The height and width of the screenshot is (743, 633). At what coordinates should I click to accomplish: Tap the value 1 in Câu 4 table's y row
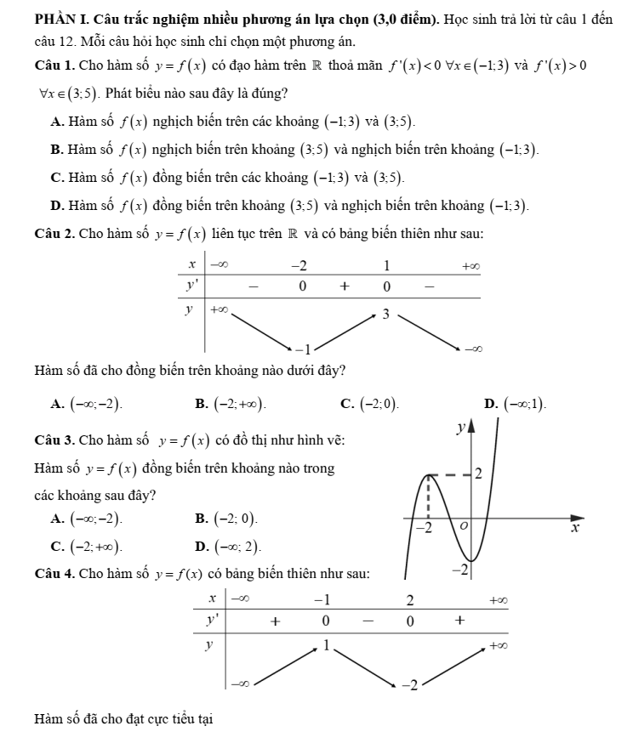coord(324,646)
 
